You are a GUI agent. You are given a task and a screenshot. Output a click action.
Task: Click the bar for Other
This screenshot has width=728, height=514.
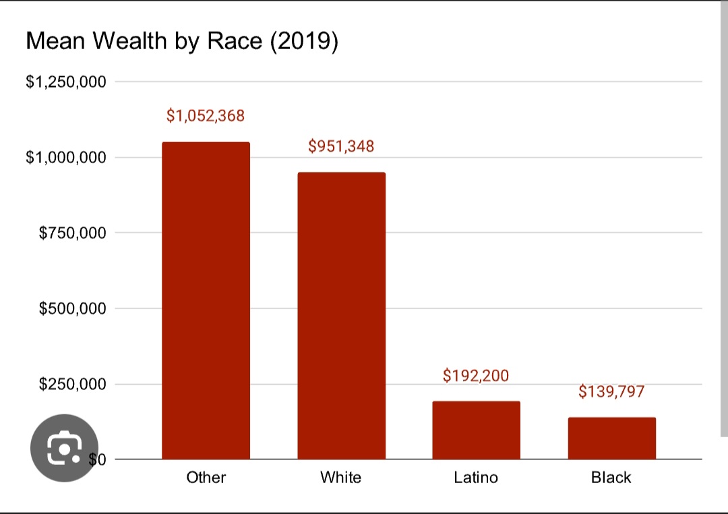coord(206,300)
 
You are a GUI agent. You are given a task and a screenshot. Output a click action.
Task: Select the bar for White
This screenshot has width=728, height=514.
coord(341,315)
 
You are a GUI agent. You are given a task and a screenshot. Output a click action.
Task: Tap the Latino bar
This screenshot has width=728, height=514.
coord(476,430)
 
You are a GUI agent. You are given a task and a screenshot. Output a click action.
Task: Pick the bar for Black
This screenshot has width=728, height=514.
coord(611,438)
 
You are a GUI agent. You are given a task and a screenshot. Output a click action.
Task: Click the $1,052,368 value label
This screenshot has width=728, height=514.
coord(206,116)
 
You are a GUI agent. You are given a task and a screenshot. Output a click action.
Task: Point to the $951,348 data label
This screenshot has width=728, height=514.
coord(341,146)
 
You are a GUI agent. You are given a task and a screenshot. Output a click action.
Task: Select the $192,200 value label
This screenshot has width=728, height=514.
coord(476,375)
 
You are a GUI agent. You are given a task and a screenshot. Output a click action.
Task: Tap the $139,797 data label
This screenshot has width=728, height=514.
coord(611,391)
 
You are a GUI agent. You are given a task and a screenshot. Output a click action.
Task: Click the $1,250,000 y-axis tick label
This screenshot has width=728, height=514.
coord(66,82)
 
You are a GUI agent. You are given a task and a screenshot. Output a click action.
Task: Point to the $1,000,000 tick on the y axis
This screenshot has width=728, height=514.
coord(66,158)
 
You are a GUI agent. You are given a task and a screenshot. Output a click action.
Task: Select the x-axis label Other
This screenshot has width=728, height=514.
coord(206,478)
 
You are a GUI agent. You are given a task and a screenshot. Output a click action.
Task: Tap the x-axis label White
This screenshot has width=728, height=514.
coord(340,478)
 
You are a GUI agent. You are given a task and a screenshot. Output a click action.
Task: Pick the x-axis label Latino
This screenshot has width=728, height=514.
coord(476,478)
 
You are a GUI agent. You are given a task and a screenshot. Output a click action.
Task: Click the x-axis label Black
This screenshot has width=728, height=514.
coord(611,478)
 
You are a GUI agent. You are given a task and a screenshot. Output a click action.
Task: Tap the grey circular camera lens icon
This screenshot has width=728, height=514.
coord(65,449)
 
